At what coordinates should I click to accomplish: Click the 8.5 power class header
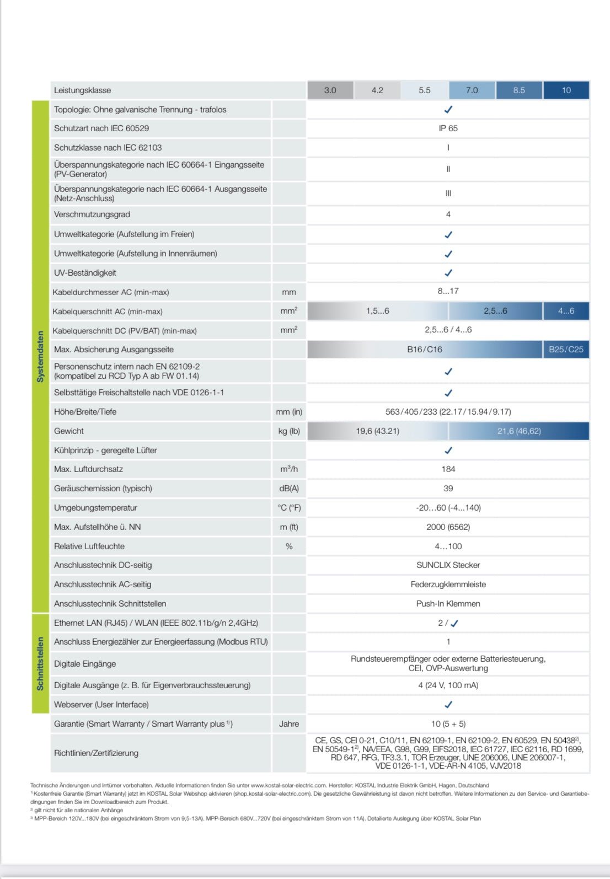coord(519,90)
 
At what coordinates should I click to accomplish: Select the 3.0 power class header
coord(330,90)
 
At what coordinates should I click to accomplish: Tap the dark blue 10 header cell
coord(566,90)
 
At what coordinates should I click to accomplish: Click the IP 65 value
coord(448,128)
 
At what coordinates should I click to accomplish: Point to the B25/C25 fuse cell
coord(566,350)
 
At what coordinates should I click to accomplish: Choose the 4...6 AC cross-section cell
coord(566,311)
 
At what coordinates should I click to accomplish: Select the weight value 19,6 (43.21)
coord(377,431)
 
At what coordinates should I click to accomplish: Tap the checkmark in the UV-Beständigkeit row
coord(448,273)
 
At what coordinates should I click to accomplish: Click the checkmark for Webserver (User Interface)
coord(448,705)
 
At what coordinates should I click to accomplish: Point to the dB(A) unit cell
coord(289,489)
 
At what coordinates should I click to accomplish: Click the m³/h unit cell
coord(289,469)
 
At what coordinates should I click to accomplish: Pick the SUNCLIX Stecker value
coord(448,565)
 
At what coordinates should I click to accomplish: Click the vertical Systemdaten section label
coord(40,356)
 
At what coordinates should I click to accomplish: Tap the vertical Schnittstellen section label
coord(40,663)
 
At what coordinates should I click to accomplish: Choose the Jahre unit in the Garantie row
coord(289,724)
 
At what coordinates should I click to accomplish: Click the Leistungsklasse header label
coord(83,90)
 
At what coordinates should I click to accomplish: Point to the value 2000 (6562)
coord(448,527)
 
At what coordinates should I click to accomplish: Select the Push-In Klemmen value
coord(448,604)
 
